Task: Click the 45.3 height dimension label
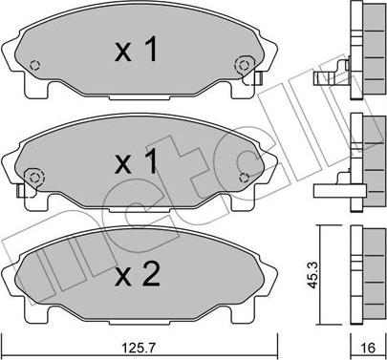313,275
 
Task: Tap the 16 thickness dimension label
369,348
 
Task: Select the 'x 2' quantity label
138,275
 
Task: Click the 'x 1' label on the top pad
136,50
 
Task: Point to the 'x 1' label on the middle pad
136,161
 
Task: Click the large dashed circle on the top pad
244,65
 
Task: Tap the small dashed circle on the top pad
34,65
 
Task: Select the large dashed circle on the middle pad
34,178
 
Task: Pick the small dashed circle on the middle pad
244,178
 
